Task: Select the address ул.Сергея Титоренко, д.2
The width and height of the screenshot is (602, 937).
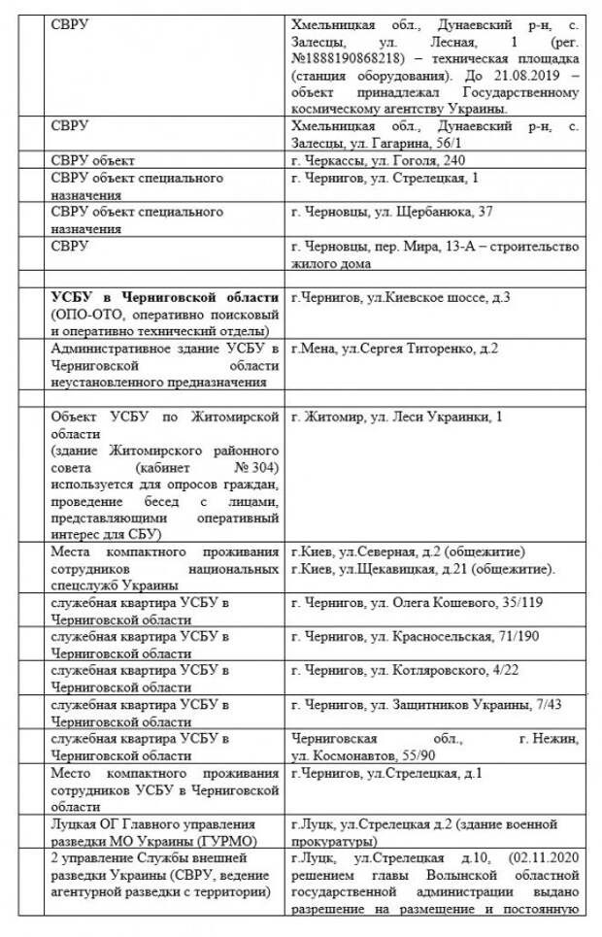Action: (427, 349)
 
